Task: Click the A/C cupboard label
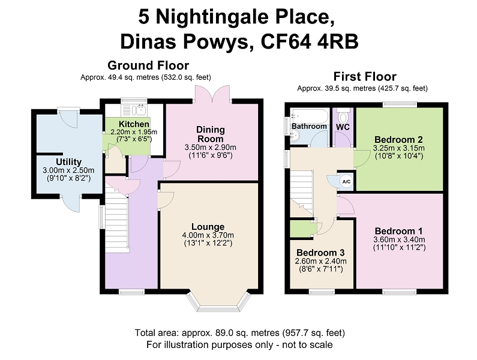tap(346, 182)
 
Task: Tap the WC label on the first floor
tap(343, 127)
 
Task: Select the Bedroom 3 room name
tap(320, 253)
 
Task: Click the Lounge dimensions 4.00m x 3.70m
tap(208, 235)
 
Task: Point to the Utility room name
tap(68, 161)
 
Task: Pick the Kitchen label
tap(134, 124)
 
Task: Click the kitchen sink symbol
tap(141, 109)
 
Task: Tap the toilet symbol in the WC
tap(343, 116)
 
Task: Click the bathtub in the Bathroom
tap(310, 116)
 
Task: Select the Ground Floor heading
tap(148, 65)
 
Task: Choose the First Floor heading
tap(365, 76)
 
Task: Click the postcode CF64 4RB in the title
tap(310, 41)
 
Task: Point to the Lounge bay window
tap(219, 302)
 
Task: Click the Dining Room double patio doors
tap(212, 93)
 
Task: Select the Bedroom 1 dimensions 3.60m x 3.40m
tap(399, 239)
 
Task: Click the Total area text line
tap(240, 332)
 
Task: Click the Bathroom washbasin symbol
tap(295, 136)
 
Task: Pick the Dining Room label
tap(211, 134)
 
